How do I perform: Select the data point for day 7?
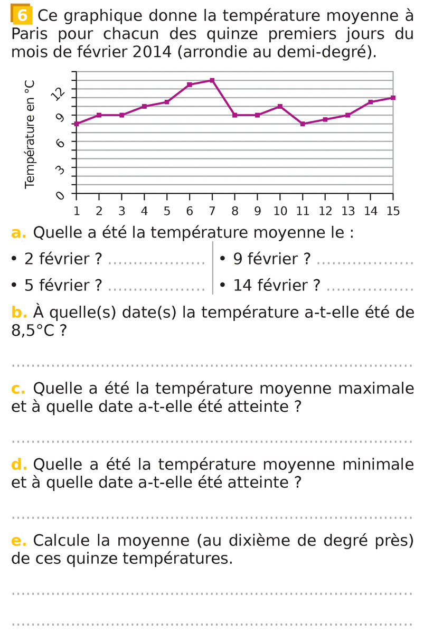(x=212, y=80)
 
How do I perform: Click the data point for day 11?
(x=303, y=124)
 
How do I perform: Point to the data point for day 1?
(x=77, y=124)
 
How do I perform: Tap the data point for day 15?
(x=393, y=98)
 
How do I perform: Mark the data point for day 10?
(x=280, y=106)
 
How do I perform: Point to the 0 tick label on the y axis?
(x=60, y=195)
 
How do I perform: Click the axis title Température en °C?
(x=30, y=134)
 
